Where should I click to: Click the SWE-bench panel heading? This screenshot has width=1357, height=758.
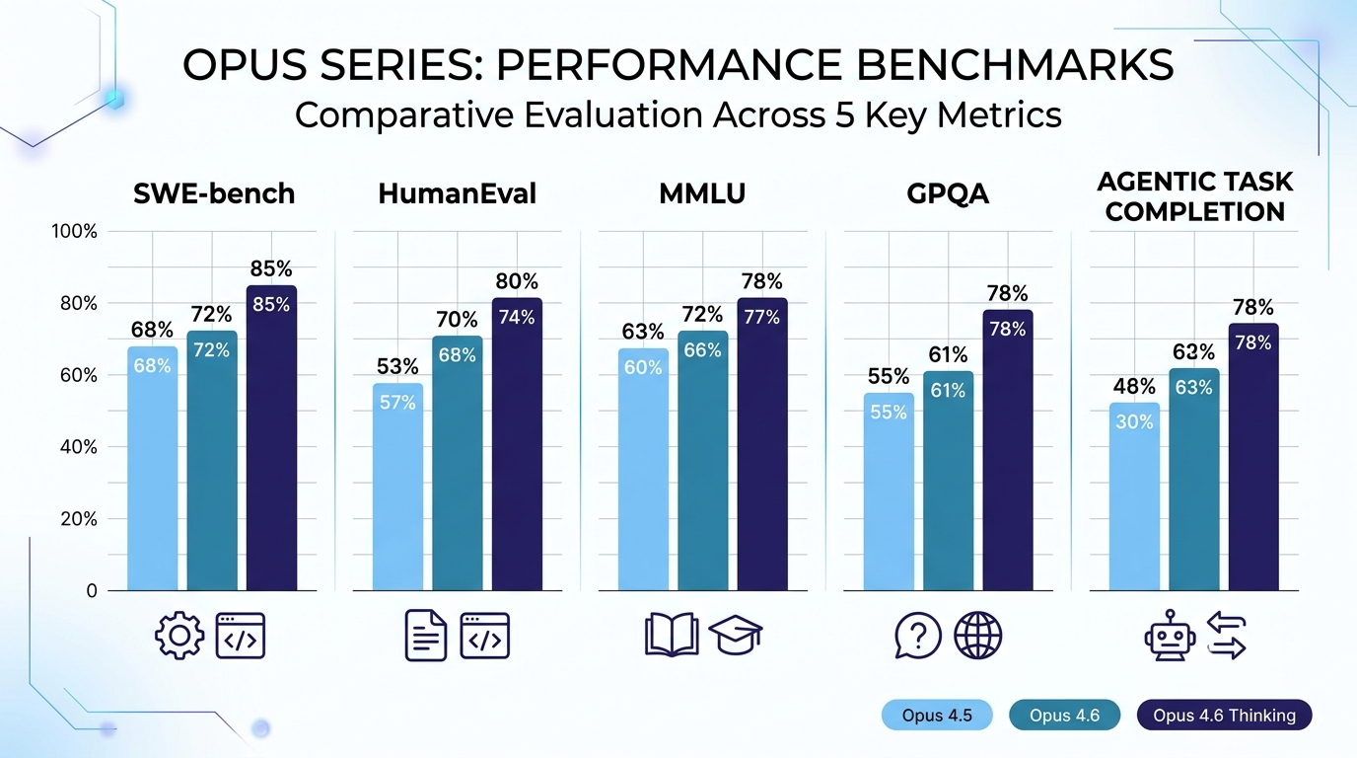coord(214,193)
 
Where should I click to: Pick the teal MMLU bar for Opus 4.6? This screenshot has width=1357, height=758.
coord(702,460)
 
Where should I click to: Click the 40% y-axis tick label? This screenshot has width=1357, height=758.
coord(77,447)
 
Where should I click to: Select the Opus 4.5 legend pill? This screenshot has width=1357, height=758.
coord(936,716)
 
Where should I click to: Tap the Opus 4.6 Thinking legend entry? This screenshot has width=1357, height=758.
coord(1224,716)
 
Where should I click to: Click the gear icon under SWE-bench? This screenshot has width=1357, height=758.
coord(179,636)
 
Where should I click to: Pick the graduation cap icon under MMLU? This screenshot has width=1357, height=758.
coord(737,636)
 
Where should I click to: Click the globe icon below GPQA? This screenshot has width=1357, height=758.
coord(977,636)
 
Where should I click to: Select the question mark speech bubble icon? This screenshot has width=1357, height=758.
coord(917,636)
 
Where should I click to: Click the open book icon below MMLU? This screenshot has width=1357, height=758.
coord(671,636)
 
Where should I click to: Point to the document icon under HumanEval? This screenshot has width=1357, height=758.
coord(425,636)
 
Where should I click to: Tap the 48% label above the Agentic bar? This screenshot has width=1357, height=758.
coord(1134,387)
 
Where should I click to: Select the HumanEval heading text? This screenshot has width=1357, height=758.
coord(457,193)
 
